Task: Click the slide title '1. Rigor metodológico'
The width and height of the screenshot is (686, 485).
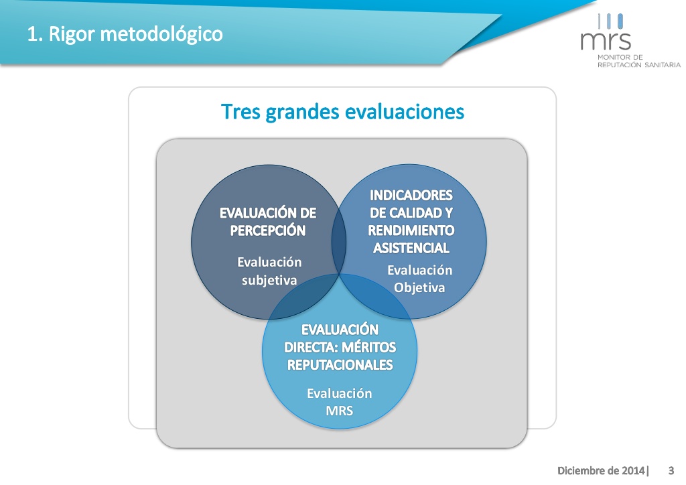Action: pyautogui.click(x=125, y=34)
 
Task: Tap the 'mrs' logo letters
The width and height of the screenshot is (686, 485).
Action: pyautogui.click(x=606, y=41)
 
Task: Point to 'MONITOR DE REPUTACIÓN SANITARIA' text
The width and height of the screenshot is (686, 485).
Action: pyautogui.click(x=639, y=61)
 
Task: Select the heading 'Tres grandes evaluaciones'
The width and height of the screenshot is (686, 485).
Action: pyautogui.click(x=342, y=111)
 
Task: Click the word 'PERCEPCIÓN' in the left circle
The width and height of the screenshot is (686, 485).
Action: pyautogui.click(x=268, y=230)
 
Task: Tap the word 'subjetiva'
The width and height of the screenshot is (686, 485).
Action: pyautogui.click(x=269, y=280)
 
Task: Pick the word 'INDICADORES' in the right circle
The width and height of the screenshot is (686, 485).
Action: pyautogui.click(x=411, y=195)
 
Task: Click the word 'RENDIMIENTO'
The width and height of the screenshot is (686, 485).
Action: pyautogui.click(x=411, y=230)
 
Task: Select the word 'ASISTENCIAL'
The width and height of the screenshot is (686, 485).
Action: pyautogui.click(x=411, y=248)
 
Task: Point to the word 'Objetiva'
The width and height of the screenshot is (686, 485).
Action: pyautogui.click(x=419, y=288)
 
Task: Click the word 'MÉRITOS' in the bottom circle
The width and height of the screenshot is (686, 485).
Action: pyautogui.click(x=369, y=347)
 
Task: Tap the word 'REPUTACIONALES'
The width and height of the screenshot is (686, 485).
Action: pyautogui.click(x=340, y=364)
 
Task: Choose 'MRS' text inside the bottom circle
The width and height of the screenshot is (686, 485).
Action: pyautogui.click(x=340, y=411)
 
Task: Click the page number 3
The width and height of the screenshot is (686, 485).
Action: pyautogui.click(x=671, y=470)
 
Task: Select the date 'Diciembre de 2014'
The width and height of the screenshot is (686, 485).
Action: pyautogui.click(x=601, y=470)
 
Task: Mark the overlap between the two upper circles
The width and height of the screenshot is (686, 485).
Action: pyautogui.click(x=339, y=242)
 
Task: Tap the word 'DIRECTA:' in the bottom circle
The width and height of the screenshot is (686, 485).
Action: pyautogui.click(x=311, y=347)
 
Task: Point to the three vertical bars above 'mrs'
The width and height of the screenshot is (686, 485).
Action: pyautogui.click(x=610, y=21)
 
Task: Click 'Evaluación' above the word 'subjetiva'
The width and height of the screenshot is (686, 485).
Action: pyautogui.click(x=269, y=262)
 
